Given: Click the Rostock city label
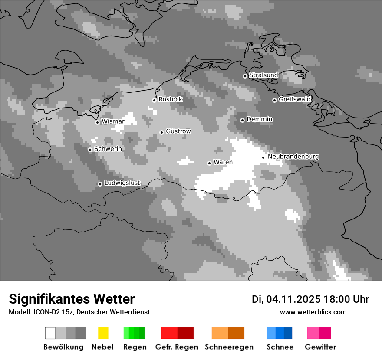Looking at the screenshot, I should (x=171, y=99).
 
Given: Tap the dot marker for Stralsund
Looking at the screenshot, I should (x=245, y=76).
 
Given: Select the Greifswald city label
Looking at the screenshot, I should (x=294, y=99).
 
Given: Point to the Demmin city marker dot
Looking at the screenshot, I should (x=242, y=120).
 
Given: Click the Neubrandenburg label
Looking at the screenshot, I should (x=293, y=157).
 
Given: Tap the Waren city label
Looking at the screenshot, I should (x=223, y=162).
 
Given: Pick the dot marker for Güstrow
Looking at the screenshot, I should (x=161, y=132).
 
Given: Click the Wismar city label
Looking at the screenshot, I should (x=113, y=121).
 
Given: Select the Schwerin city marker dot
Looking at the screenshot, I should (x=90, y=150).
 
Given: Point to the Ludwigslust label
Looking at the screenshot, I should (x=122, y=183).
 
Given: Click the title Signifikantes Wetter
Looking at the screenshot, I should (x=72, y=299).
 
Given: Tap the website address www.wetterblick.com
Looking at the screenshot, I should (x=313, y=312).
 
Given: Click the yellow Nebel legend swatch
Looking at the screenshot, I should (x=103, y=333).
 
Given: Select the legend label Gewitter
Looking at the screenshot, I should (x=320, y=347).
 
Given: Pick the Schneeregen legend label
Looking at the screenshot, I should (x=229, y=347).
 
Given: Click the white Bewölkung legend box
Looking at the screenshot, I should (x=50, y=333).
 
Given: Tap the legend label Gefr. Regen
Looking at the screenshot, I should (x=176, y=347).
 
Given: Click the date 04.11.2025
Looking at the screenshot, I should (x=293, y=299).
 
